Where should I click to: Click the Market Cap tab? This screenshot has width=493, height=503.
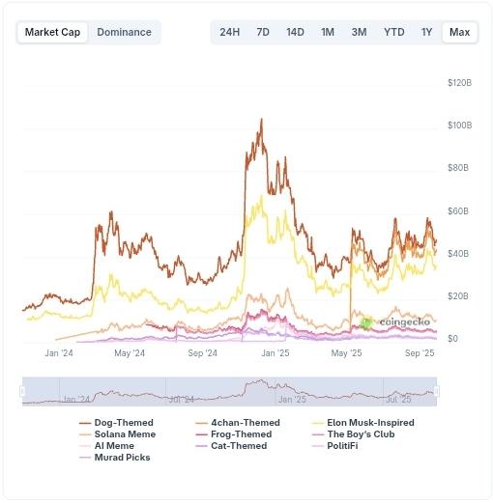pos(52,32)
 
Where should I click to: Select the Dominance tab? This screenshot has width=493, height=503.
pos(124,32)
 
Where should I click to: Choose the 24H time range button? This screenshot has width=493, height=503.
pos(230,32)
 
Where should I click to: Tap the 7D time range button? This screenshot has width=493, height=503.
pos(263,32)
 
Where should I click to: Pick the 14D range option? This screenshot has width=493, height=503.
pos(295,32)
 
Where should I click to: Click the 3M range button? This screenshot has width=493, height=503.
pos(359,32)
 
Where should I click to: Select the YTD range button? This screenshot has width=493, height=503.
pos(393,32)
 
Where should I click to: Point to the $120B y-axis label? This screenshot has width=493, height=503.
pos(459,83)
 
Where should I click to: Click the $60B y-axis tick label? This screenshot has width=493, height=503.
pos(458,210)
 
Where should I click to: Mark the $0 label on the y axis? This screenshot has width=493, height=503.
pos(452,339)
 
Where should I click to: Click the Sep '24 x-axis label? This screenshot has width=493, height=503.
pos(202,353)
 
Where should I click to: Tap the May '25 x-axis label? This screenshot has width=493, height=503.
pos(346,353)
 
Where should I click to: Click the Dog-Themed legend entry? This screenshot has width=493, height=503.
pos(117,423)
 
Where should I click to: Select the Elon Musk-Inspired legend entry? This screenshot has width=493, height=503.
pos(370,423)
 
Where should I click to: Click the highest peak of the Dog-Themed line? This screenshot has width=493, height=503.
pos(261,120)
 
